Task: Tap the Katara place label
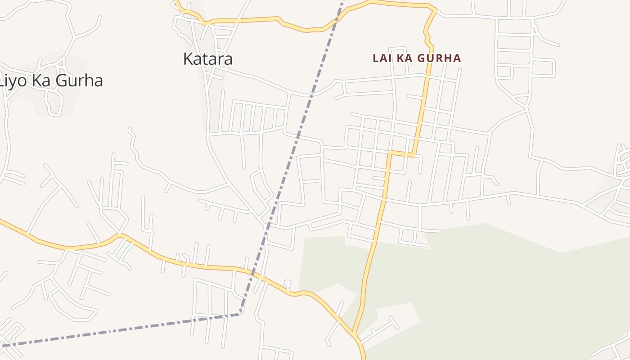[207, 59]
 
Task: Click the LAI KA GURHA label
[417, 58]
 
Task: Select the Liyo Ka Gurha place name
[51, 81]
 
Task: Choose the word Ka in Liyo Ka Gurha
[44, 81]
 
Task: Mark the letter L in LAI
[375, 58]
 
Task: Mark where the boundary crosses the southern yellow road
[252, 273]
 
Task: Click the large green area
[472, 288]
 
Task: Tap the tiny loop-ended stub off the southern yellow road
[288, 284]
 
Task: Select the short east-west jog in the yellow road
[402, 154]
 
